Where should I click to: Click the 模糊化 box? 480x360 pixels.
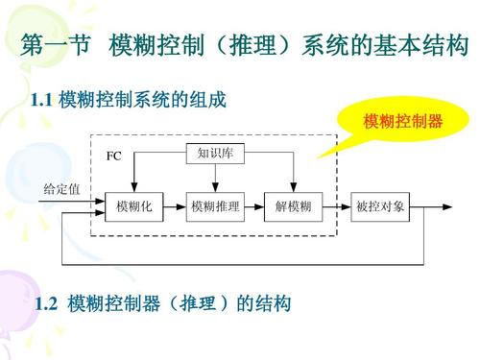click(134, 206)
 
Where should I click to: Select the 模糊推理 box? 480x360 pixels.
click(214, 206)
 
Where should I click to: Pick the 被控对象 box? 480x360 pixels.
click(380, 206)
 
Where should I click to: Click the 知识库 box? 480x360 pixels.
click(214, 152)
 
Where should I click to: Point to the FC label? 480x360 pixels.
click(114, 155)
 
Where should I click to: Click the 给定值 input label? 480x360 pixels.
click(61, 188)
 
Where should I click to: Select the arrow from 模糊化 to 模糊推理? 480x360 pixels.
click(174, 206)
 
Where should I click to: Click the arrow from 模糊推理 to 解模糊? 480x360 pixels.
click(254, 206)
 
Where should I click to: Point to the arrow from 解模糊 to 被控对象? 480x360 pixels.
click(335, 206)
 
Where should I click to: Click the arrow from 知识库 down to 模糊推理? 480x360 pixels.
click(214, 178)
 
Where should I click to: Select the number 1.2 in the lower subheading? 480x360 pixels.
click(46, 304)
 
